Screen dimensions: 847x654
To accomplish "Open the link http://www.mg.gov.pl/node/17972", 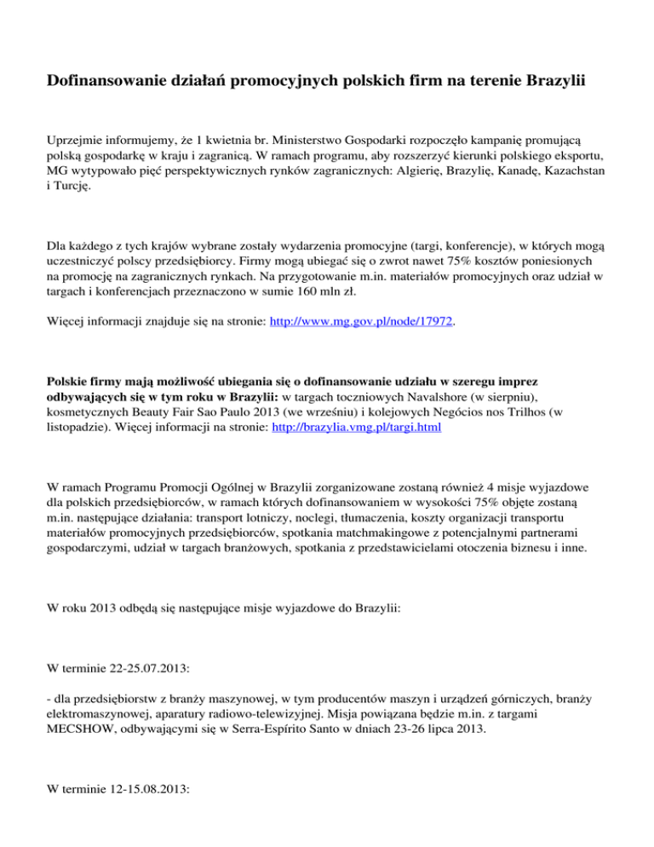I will (x=361, y=324).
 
